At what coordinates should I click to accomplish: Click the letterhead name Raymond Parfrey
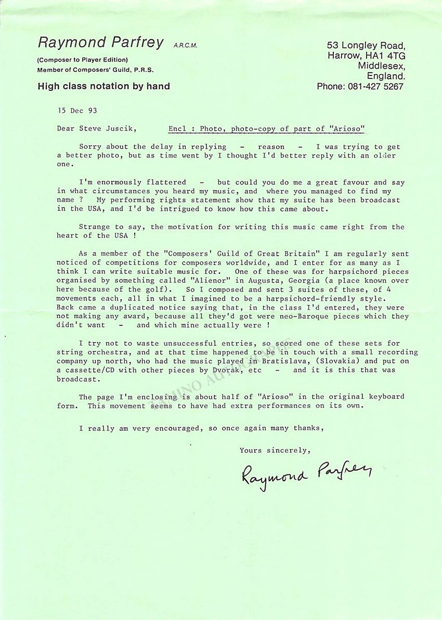(100, 43)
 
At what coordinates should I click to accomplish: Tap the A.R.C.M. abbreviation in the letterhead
(185, 46)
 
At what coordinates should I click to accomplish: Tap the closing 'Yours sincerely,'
(274, 451)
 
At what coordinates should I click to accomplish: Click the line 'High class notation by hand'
(103, 86)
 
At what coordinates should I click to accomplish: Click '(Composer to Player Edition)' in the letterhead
(83, 60)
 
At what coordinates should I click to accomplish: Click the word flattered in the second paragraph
(164, 182)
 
